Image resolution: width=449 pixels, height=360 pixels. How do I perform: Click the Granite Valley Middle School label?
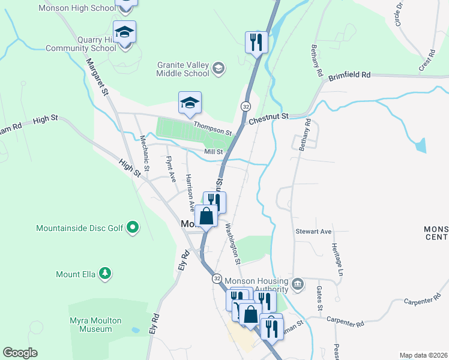(183, 69)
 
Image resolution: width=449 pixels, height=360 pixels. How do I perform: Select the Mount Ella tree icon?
(106, 274)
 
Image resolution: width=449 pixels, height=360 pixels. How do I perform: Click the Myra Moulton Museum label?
(90, 325)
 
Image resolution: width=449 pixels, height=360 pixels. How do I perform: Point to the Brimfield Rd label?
(349, 76)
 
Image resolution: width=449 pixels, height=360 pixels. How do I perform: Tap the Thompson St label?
(212, 128)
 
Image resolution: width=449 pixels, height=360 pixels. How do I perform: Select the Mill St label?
(213, 152)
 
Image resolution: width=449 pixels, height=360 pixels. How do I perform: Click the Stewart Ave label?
(313, 231)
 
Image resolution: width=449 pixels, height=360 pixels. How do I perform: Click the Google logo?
(20, 353)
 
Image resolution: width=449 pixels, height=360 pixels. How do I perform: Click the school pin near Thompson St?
(190, 103)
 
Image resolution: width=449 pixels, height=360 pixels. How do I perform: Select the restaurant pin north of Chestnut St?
(256, 43)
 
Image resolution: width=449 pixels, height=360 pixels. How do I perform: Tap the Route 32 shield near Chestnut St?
(246, 106)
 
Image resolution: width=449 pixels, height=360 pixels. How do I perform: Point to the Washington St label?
(232, 244)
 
